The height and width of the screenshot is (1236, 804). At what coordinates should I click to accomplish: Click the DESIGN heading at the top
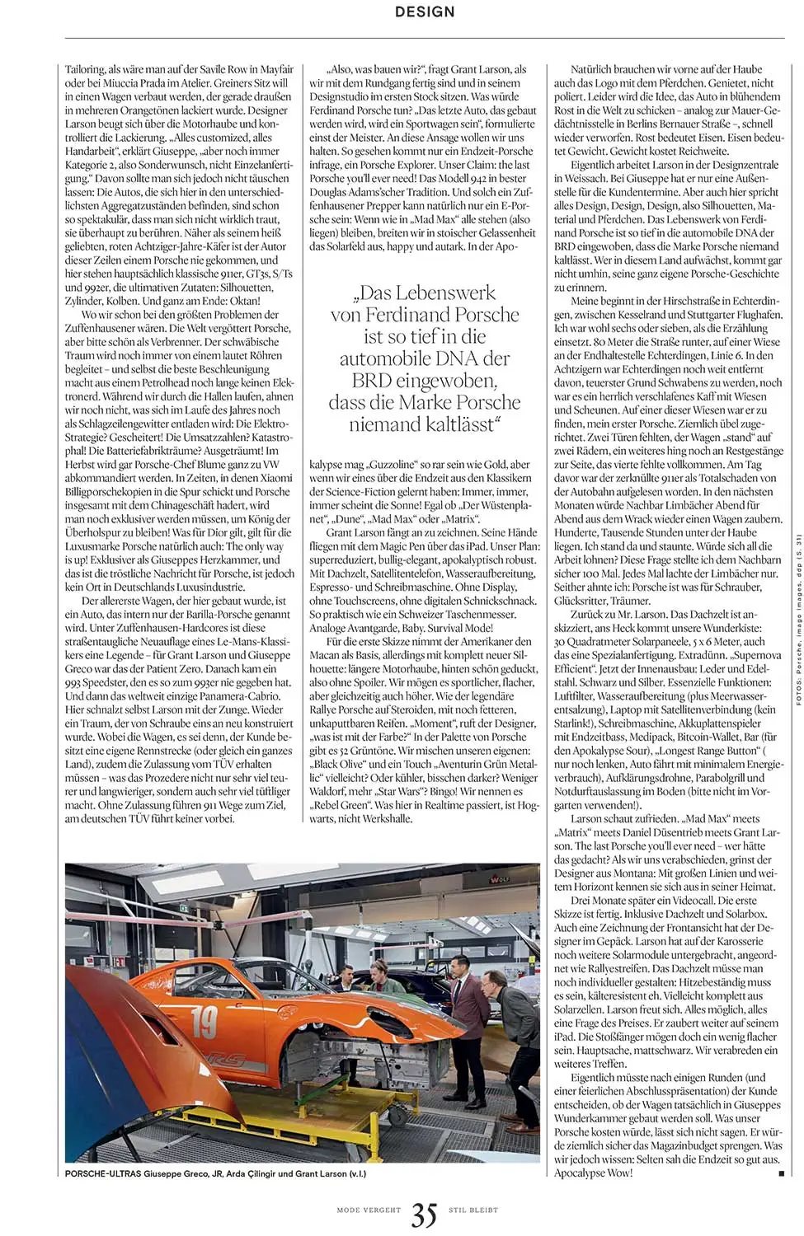coord(425,12)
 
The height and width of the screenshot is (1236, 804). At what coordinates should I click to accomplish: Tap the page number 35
coord(424,1214)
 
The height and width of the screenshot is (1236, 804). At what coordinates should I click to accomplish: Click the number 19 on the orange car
coord(204,1023)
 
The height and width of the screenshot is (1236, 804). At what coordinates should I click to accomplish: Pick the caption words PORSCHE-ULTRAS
coord(102,1173)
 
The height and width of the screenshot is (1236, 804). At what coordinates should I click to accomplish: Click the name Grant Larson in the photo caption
coord(320,1173)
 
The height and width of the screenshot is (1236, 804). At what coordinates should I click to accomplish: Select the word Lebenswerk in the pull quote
coord(451,293)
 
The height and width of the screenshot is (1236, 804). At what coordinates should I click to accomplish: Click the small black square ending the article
coord(781,1173)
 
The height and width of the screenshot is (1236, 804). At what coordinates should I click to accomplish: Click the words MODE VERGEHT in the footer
coord(369,1210)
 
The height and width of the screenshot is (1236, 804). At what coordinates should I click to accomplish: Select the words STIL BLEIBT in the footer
coord(473,1210)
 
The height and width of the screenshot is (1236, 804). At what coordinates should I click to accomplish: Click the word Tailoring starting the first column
coord(86,69)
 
